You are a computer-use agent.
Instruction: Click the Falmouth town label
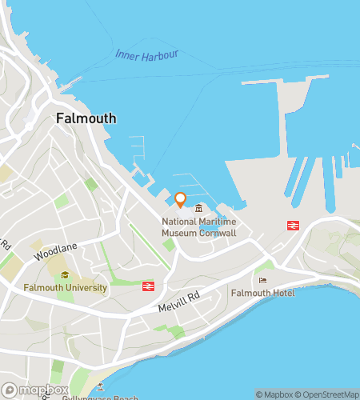coord(86,118)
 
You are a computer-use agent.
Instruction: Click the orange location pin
coord(180,199)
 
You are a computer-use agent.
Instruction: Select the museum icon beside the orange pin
coord(198,209)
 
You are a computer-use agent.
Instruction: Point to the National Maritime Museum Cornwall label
coord(198,227)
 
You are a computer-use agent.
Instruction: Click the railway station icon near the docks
coord(292,226)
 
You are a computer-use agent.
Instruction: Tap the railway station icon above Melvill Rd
coord(148,286)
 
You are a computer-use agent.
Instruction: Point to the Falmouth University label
coord(64,287)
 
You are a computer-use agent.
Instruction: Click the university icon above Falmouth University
coord(65,275)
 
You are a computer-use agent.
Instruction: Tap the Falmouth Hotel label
coord(262,294)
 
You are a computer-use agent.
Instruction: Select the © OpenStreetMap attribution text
coord(327,394)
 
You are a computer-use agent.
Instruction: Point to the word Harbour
coord(161,56)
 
